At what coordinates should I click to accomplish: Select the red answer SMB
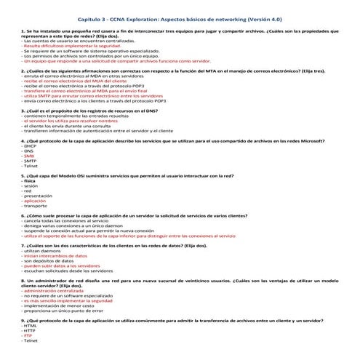point(30,156)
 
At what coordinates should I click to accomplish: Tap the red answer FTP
point(28,335)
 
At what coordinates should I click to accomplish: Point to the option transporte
point(38,206)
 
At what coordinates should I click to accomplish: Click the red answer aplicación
point(39,201)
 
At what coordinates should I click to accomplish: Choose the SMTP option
point(31,161)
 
